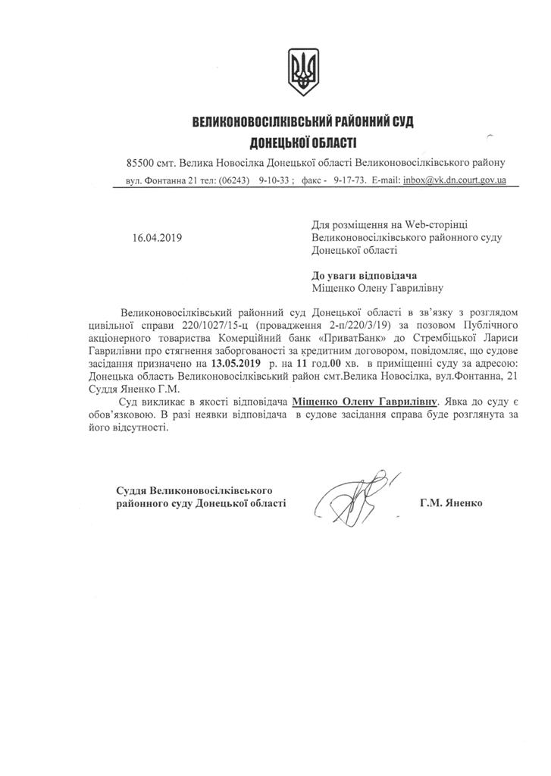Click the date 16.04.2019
[157, 237]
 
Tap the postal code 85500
[142, 163]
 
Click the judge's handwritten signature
[355, 497]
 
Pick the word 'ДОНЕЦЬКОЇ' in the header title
[280, 142]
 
